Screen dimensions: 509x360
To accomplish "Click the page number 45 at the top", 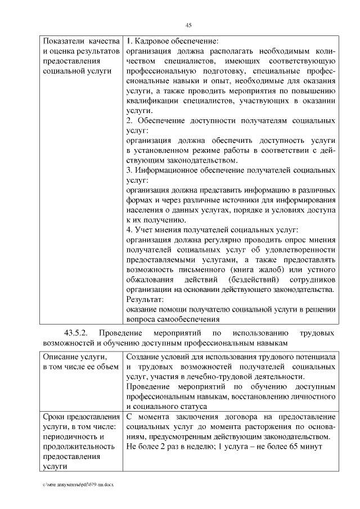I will coord(189,24).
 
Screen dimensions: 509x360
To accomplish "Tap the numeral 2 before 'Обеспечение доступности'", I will coord(129,120).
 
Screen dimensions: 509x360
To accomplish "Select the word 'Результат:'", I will coord(145,299).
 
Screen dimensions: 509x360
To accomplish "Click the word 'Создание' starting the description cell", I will coord(144,357).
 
